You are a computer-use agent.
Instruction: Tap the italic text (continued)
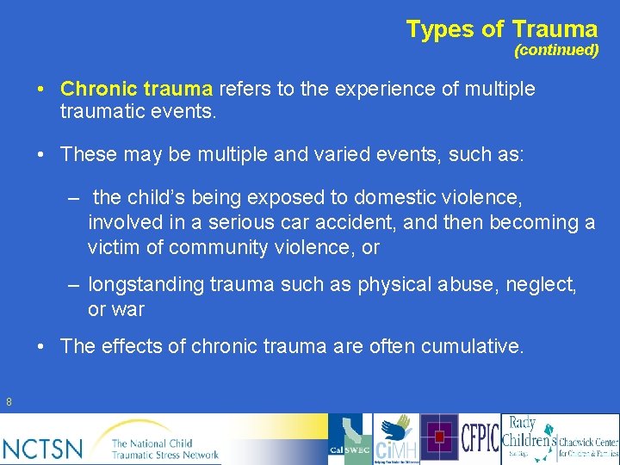[556, 50]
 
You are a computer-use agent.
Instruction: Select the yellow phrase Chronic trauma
[137, 89]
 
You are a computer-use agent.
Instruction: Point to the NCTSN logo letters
[43, 448]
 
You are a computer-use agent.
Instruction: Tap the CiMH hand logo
[396, 439]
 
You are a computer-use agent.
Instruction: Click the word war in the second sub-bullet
[128, 308]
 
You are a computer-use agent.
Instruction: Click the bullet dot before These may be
[41, 154]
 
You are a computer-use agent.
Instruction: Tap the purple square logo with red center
[439, 439]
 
